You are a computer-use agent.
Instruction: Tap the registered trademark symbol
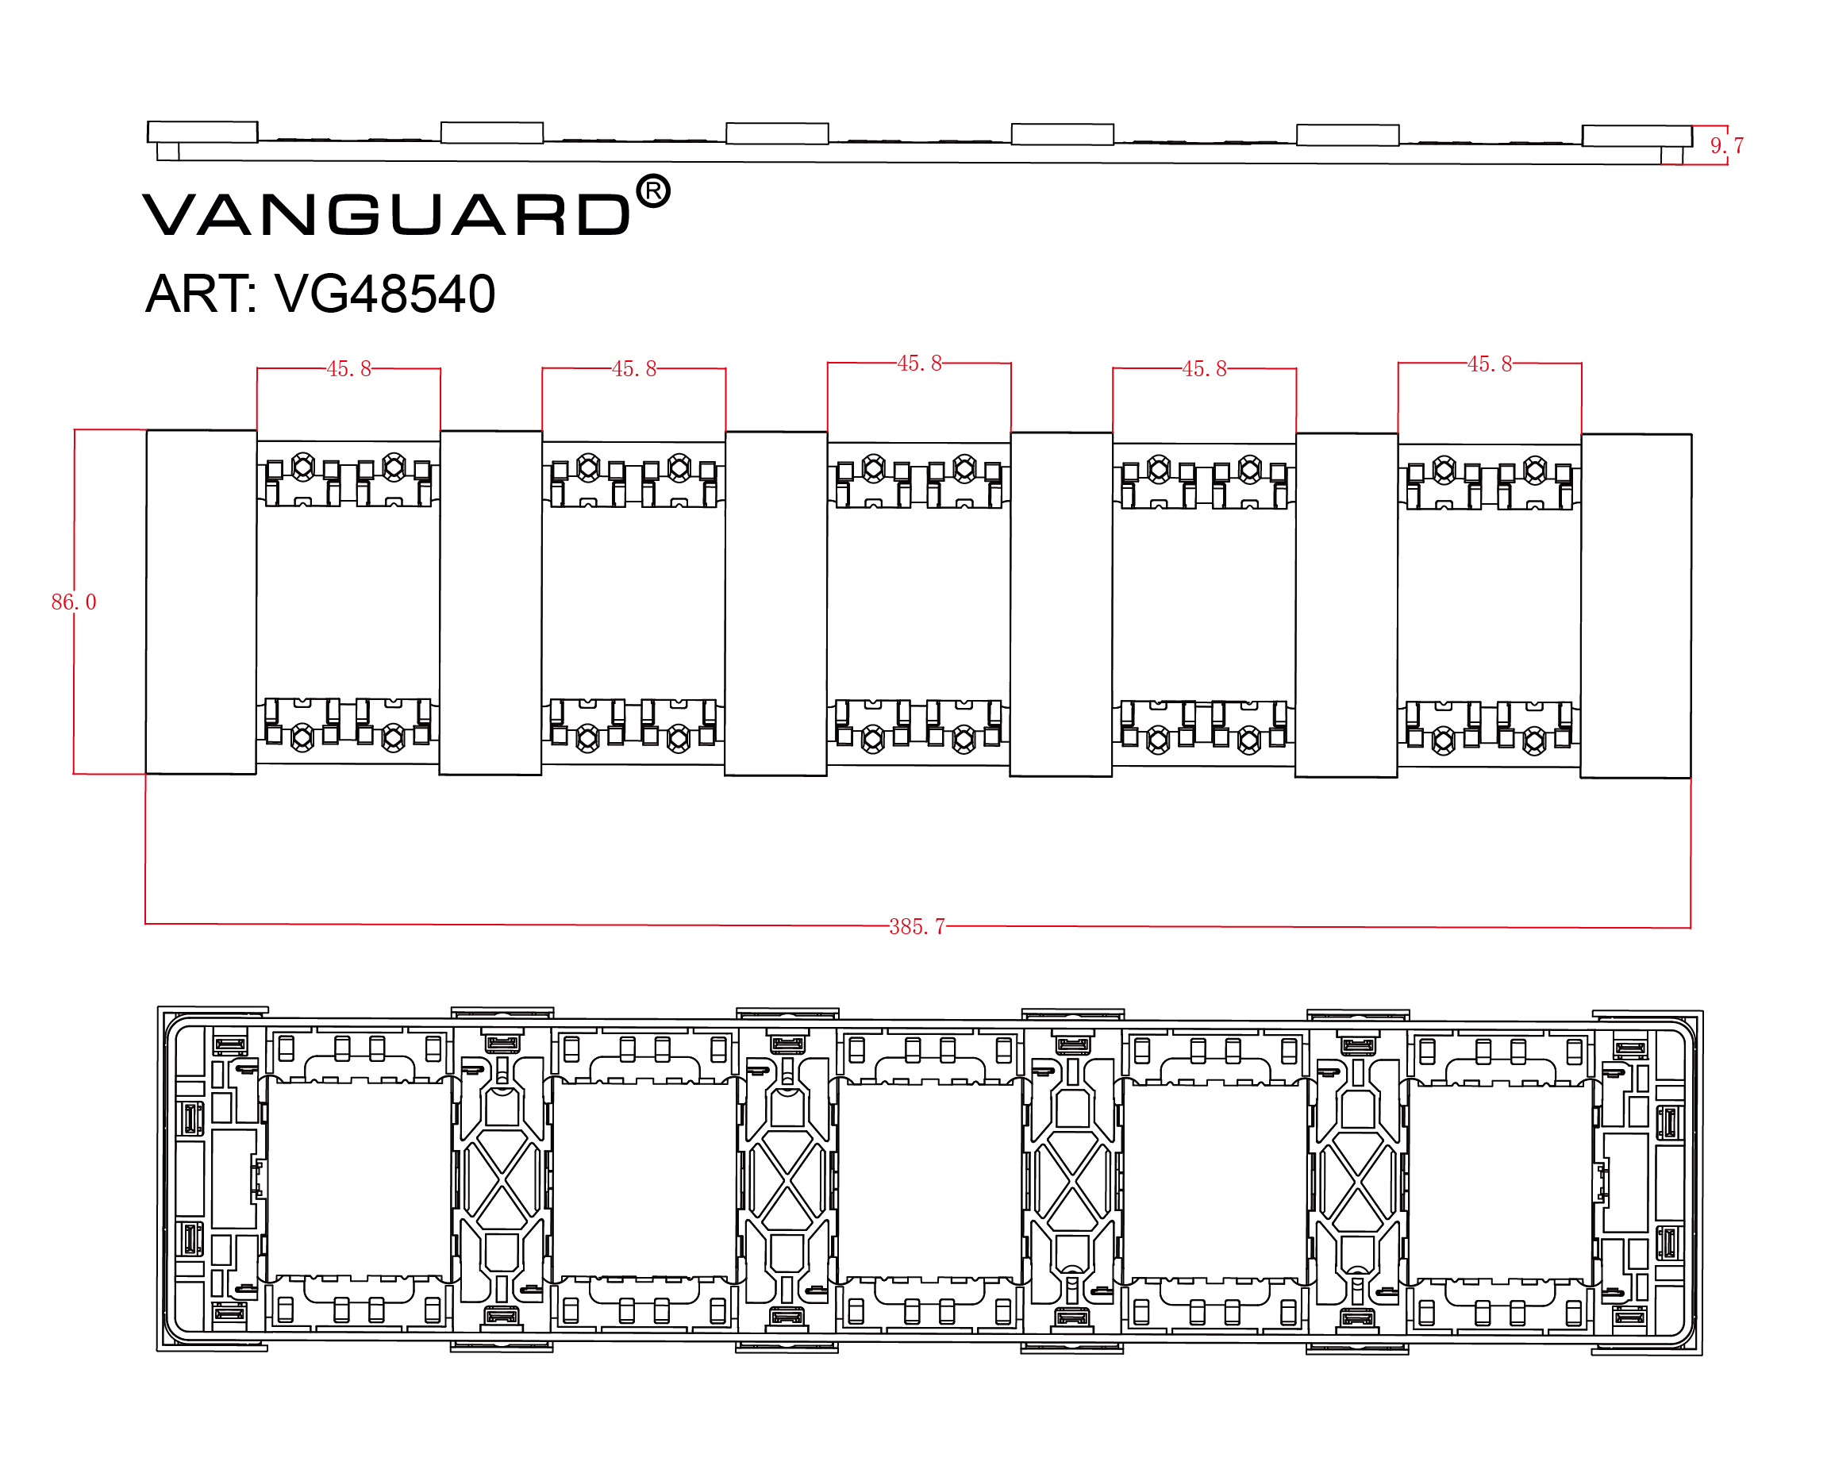point(652,192)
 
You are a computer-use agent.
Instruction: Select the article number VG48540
point(385,294)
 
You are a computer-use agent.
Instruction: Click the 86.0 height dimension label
point(74,602)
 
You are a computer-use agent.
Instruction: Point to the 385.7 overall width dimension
point(917,926)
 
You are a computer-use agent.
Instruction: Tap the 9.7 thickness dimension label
point(1726,145)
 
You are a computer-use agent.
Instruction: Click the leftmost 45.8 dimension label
point(349,369)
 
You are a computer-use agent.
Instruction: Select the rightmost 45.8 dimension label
point(1489,364)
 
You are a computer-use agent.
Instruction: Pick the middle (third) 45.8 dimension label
point(919,364)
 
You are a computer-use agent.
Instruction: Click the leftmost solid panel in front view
point(201,602)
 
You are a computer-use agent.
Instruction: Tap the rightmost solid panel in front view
point(1635,606)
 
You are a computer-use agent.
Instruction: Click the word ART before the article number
point(200,294)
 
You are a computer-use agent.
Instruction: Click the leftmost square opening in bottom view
point(359,1179)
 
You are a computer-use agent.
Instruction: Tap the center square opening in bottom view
point(930,1179)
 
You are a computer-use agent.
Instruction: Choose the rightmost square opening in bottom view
point(1500,1179)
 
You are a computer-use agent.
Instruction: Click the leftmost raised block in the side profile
point(202,132)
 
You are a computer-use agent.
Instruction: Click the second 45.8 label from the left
point(634,369)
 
